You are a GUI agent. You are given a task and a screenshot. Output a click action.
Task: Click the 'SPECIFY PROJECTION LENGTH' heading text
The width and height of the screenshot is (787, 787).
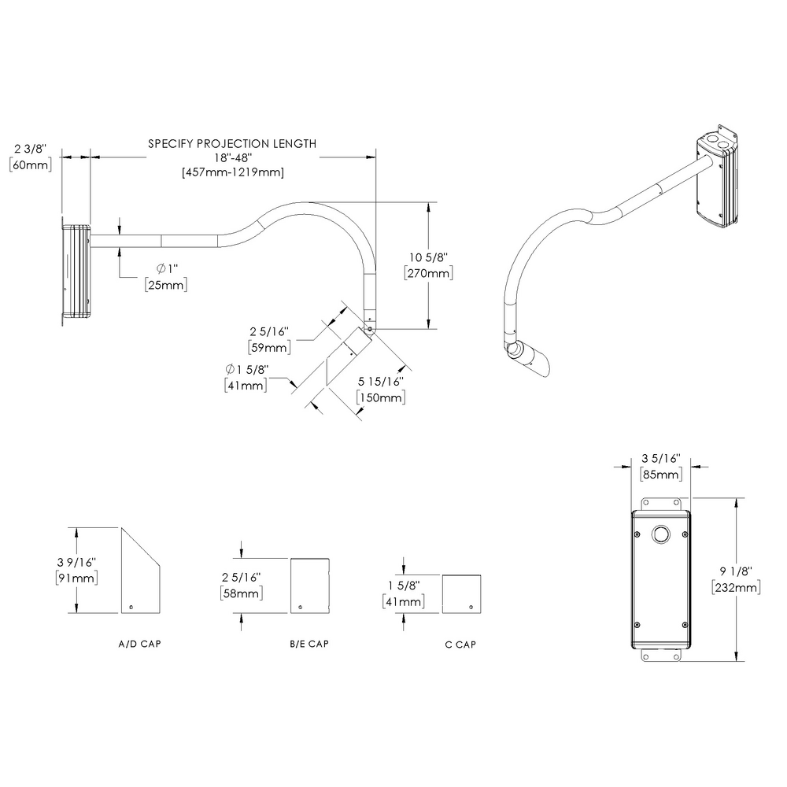coord(232,144)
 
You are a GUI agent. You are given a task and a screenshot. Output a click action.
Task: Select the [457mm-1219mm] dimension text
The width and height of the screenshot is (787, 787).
coord(232,172)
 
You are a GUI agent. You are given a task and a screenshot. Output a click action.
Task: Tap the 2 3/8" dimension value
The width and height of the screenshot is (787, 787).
coord(31,148)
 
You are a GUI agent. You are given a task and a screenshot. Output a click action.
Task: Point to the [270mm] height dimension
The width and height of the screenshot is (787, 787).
coord(427,272)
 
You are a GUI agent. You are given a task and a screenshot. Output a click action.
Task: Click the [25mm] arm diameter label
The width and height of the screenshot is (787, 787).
coord(166,284)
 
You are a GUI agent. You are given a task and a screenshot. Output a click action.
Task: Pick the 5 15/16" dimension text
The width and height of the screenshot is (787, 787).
coord(382,382)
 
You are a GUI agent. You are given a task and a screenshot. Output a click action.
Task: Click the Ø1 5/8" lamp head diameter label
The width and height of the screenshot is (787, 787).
coord(245,369)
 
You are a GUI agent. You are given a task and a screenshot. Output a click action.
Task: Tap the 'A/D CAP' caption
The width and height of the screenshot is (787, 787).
coord(140,644)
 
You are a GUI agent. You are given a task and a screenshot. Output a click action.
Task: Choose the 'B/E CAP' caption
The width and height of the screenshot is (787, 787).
coord(309,644)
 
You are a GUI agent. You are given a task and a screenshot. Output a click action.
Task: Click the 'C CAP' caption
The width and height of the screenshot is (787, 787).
coord(460,645)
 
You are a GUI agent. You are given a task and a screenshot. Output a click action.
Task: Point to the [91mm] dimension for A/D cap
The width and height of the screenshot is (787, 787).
coord(76,578)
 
